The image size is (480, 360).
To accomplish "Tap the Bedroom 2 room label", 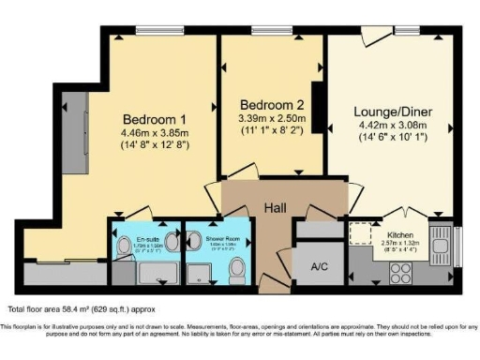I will pyautogui.click(x=270, y=103).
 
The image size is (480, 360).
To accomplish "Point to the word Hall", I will pyautogui.click(x=276, y=207).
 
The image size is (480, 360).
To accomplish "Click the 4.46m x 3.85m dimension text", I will pyautogui.click(x=155, y=133).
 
